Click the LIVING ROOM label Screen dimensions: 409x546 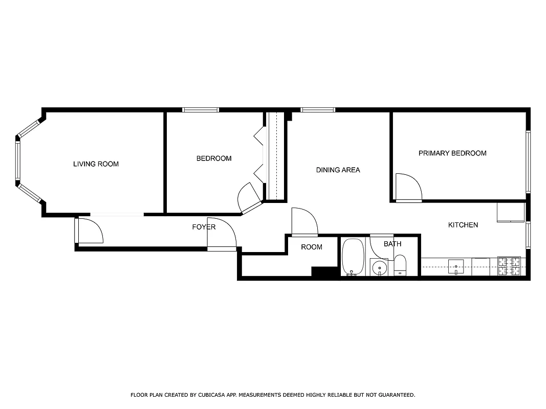96,164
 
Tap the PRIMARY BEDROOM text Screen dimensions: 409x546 452,153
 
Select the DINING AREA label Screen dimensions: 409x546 338,170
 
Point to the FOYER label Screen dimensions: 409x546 204,227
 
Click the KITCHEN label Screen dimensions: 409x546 463,225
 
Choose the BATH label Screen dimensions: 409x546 392,244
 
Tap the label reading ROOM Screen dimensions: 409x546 312,247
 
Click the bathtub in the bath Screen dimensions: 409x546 353,257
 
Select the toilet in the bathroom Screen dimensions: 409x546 400,265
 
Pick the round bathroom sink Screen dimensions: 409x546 379,267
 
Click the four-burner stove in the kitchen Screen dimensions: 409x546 509,266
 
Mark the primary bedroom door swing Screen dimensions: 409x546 408,188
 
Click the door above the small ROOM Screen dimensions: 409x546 304,222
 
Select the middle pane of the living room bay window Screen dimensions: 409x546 18,161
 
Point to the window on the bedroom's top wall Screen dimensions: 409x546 201,109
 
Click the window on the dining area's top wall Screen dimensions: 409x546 318,109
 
